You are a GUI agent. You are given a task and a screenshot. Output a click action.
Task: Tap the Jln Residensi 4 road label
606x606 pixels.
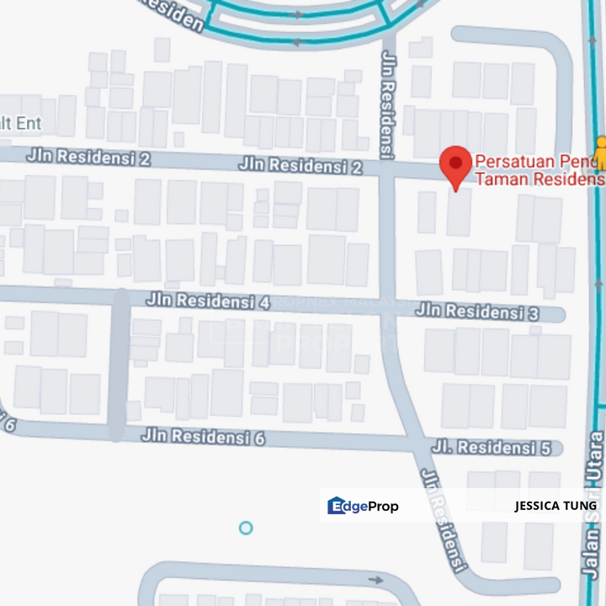click(x=207, y=300)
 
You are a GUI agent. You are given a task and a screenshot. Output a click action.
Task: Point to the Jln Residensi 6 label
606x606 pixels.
click(x=204, y=437)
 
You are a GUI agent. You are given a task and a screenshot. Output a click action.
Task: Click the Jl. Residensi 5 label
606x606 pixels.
click(x=492, y=447)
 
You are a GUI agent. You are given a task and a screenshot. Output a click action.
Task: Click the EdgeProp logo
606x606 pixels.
click(x=363, y=506)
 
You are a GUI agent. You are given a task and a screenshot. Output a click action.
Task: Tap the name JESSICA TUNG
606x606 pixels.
click(x=555, y=506)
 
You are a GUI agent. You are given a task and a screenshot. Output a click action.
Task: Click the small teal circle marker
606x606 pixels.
click(x=246, y=528)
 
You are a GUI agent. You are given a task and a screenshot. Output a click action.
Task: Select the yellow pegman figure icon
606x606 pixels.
click(x=599, y=152)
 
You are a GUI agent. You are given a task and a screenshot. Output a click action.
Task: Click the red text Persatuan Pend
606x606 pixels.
click(x=539, y=161)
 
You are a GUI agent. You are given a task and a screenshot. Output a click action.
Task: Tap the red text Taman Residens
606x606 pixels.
click(x=540, y=178)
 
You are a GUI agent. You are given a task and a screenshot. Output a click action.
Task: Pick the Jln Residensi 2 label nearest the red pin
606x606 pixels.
click(x=300, y=165)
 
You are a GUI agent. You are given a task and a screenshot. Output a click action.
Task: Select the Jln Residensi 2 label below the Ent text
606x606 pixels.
click(x=88, y=157)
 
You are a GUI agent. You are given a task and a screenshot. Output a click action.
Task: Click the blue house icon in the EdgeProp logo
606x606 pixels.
click(x=337, y=506)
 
